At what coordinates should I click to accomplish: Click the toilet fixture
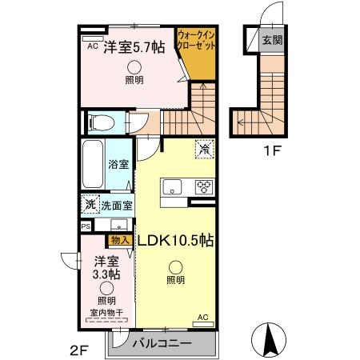tap(100, 122)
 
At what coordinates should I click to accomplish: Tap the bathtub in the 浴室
tap(91, 165)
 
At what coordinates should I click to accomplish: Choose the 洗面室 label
tap(117, 205)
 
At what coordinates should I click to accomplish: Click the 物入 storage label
tap(122, 239)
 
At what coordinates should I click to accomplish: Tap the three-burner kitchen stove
tap(204, 187)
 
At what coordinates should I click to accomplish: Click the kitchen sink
tap(174, 188)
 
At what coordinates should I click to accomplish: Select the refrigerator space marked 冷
tap(205, 149)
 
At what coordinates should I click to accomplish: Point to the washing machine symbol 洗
tap(90, 205)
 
